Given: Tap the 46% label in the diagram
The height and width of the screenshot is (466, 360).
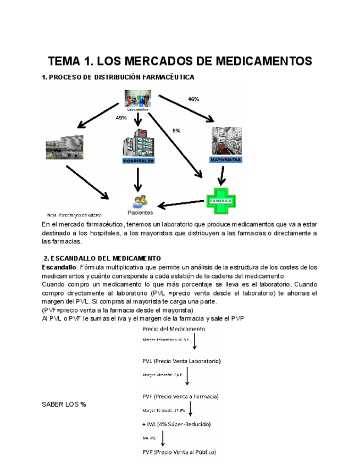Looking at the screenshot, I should (x=193, y=99).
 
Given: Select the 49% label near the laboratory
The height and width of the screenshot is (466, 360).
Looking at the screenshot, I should (x=121, y=118).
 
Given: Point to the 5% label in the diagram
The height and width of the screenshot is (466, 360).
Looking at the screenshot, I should (x=176, y=131).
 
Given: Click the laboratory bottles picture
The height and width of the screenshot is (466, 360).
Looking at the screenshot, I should (x=138, y=99).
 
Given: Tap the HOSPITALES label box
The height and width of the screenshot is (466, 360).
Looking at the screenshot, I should (x=139, y=161).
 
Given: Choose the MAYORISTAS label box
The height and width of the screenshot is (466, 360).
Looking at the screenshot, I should (x=226, y=159).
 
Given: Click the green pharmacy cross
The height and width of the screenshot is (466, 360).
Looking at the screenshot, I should (x=220, y=201).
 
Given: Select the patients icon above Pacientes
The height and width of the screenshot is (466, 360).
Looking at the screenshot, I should (x=140, y=201).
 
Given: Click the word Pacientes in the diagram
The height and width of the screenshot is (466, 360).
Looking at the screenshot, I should (x=140, y=213).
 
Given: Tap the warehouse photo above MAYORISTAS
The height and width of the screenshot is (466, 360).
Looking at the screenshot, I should (x=226, y=141).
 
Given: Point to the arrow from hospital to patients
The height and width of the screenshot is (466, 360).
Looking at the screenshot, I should (x=139, y=179).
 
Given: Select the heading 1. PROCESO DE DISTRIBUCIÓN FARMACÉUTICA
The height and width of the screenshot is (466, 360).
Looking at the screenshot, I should (x=118, y=77).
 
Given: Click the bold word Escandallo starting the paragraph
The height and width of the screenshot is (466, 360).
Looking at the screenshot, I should (x=59, y=267).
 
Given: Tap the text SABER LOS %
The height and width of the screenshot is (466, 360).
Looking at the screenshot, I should (x=64, y=404).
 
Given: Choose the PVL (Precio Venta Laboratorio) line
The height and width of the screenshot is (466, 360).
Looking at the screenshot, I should (x=181, y=361).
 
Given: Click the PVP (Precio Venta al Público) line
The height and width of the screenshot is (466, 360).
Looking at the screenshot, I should (x=179, y=452).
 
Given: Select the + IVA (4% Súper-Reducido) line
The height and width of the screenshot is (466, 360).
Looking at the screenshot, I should (x=176, y=424).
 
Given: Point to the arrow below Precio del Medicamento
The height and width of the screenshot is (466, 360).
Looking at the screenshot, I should (x=195, y=341).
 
